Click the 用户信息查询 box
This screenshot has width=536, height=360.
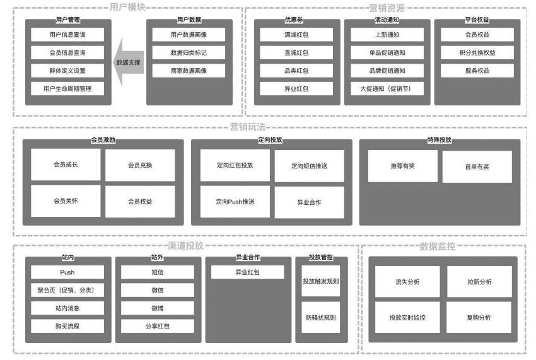67,35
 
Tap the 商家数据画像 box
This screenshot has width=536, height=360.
189,71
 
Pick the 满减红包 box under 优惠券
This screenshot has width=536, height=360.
296,35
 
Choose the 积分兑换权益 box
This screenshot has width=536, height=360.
477,52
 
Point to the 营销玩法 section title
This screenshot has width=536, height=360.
247,127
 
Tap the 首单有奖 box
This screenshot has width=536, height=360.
477,167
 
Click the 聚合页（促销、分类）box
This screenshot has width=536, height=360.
67,290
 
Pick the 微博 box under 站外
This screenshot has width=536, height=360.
158,308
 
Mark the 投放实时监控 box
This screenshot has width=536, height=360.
407,318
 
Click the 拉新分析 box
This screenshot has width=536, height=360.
479,281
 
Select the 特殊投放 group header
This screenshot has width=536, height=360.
439,141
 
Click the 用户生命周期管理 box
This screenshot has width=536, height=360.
67,88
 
